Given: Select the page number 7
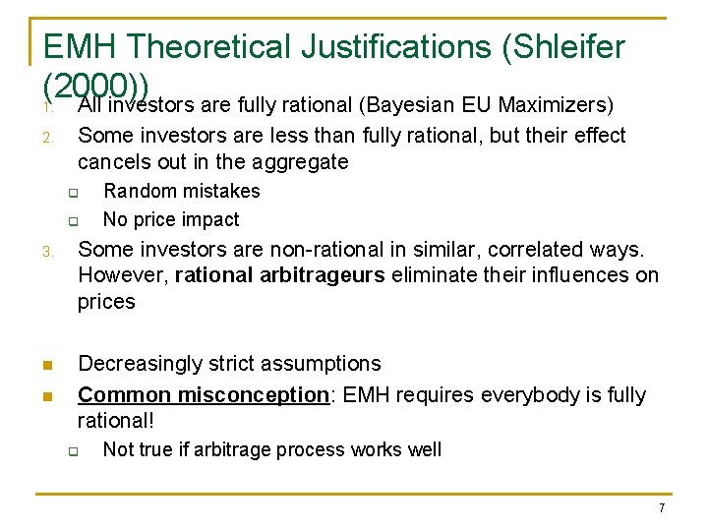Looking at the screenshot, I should [662, 507].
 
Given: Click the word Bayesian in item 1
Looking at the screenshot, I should [406, 104].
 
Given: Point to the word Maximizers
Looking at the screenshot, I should [559, 104].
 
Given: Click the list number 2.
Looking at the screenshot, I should [48, 137].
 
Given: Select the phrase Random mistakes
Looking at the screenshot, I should [181, 191].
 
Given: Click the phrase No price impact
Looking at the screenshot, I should [170, 219].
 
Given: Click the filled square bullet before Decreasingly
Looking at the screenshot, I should [47, 365].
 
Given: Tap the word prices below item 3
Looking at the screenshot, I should [106, 302].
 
